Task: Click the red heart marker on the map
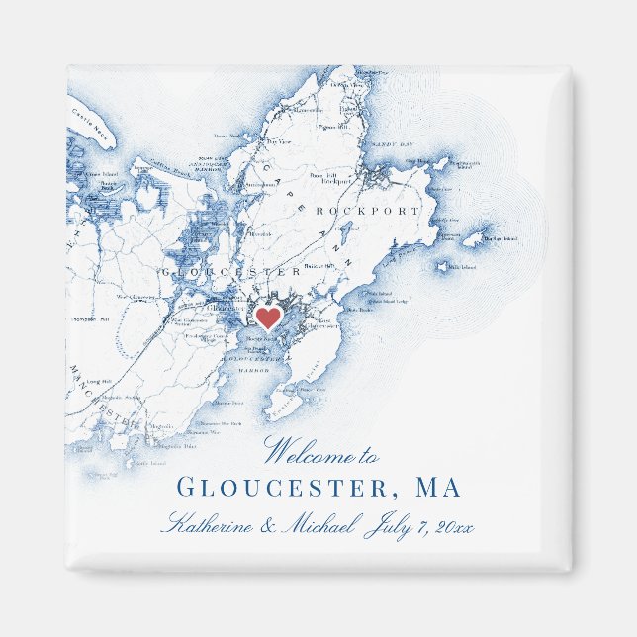(267, 318)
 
